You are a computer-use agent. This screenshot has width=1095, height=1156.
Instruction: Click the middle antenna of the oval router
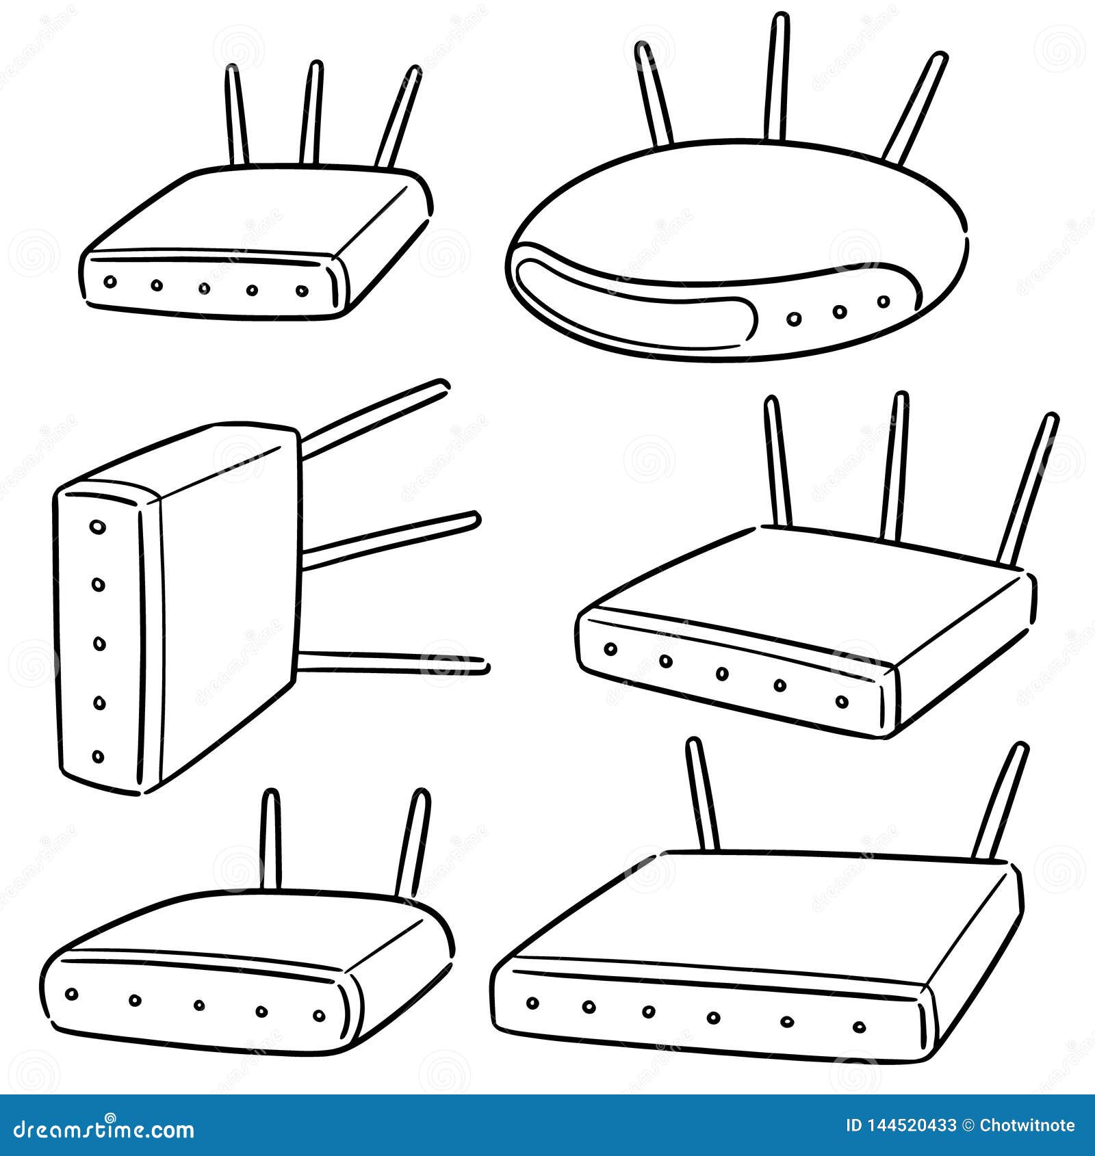(x=777, y=79)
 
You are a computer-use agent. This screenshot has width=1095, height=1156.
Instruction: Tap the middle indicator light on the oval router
(x=840, y=311)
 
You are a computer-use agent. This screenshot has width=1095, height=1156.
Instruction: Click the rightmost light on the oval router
(x=884, y=301)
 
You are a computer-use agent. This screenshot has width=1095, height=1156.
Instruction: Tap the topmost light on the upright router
(x=98, y=527)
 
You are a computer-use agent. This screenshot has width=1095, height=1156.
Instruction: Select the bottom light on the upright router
(x=99, y=757)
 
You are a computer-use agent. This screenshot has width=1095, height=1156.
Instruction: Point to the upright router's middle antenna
(x=390, y=540)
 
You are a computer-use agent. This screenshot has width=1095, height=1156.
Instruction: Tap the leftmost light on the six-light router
(x=532, y=1003)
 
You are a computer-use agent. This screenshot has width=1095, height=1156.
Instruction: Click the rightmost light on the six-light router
(x=860, y=1026)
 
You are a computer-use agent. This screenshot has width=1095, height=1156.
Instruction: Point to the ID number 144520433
(x=901, y=1126)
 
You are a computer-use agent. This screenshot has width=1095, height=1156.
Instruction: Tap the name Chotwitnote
(x=1027, y=1126)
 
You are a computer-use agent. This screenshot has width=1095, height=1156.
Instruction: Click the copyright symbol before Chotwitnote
(x=968, y=1126)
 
